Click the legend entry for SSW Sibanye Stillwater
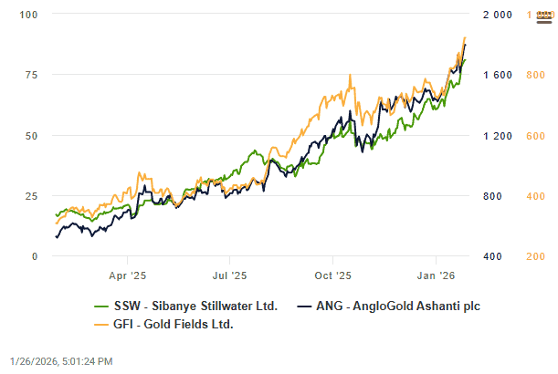[187, 306]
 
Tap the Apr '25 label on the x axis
[128, 274]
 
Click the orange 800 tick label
[536, 75]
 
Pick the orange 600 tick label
[536, 136]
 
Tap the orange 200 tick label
[536, 256]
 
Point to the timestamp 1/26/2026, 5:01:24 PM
[61, 361]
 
